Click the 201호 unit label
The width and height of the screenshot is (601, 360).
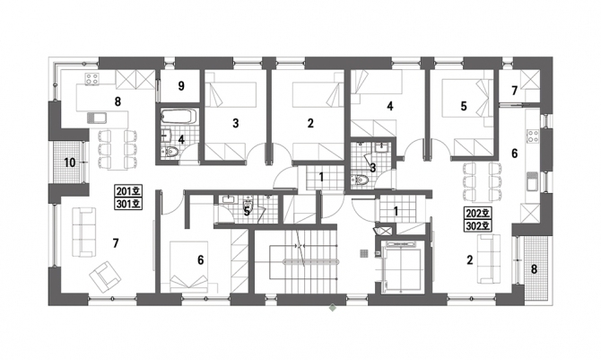click(x=128, y=190)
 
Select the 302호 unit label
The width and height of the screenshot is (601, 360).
click(x=478, y=225)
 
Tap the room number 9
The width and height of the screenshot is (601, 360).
click(x=181, y=86)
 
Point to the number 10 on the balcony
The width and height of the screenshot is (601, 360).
click(x=70, y=162)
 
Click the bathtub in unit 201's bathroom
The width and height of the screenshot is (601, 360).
click(x=179, y=117)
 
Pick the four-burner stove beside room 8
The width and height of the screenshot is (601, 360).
click(x=92, y=79)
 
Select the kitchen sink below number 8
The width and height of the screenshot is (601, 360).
click(x=96, y=118)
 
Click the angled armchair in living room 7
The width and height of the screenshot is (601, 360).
click(x=105, y=276)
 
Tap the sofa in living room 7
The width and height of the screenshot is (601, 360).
click(x=84, y=233)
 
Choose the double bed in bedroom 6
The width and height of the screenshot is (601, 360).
click(x=189, y=265)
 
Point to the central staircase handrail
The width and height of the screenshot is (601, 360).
click(x=311, y=262)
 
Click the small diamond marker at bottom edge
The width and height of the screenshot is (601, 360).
click(x=332, y=307)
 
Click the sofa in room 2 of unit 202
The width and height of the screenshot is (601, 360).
click(x=489, y=259)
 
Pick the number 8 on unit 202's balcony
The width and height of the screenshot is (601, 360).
click(x=534, y=269)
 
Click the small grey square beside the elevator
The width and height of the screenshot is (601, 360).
click(x=364, y=253)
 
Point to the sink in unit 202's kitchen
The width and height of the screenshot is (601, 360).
click(x=533, y=180)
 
